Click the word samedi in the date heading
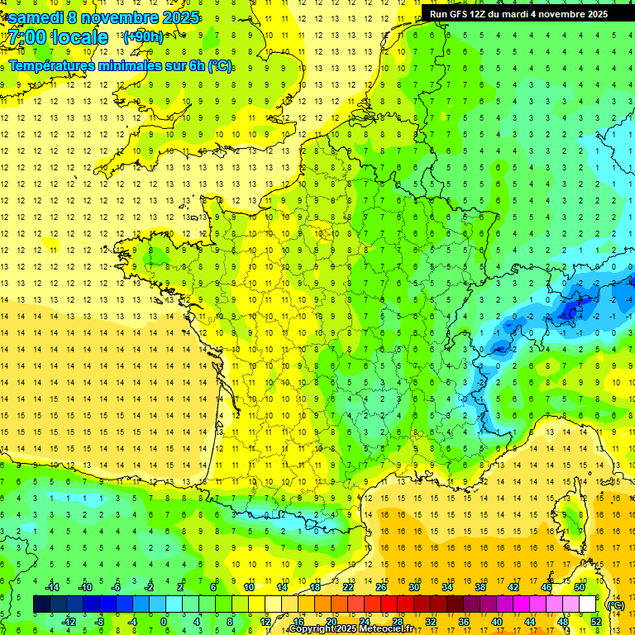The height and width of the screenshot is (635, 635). [x=36, y=17]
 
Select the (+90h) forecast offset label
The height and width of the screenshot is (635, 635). [x=142, y=36]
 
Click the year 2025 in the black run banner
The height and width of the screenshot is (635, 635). [x=593, y=14]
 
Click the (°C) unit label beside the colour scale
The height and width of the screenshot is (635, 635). [x=615, y=605]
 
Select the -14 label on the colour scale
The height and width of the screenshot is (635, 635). [x=51, y=587]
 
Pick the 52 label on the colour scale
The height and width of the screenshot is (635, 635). [x=595, y=622]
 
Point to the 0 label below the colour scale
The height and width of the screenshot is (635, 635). [x=163, y=622]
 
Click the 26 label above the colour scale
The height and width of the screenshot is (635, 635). [x=381, y=587]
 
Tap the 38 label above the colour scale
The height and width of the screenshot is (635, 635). [x=480, y=587]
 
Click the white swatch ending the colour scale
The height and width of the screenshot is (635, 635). [x=588, y=604]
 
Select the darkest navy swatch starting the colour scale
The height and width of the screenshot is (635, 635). [x=41, y=604]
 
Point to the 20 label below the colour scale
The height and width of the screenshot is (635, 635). [x=331, y=622]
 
